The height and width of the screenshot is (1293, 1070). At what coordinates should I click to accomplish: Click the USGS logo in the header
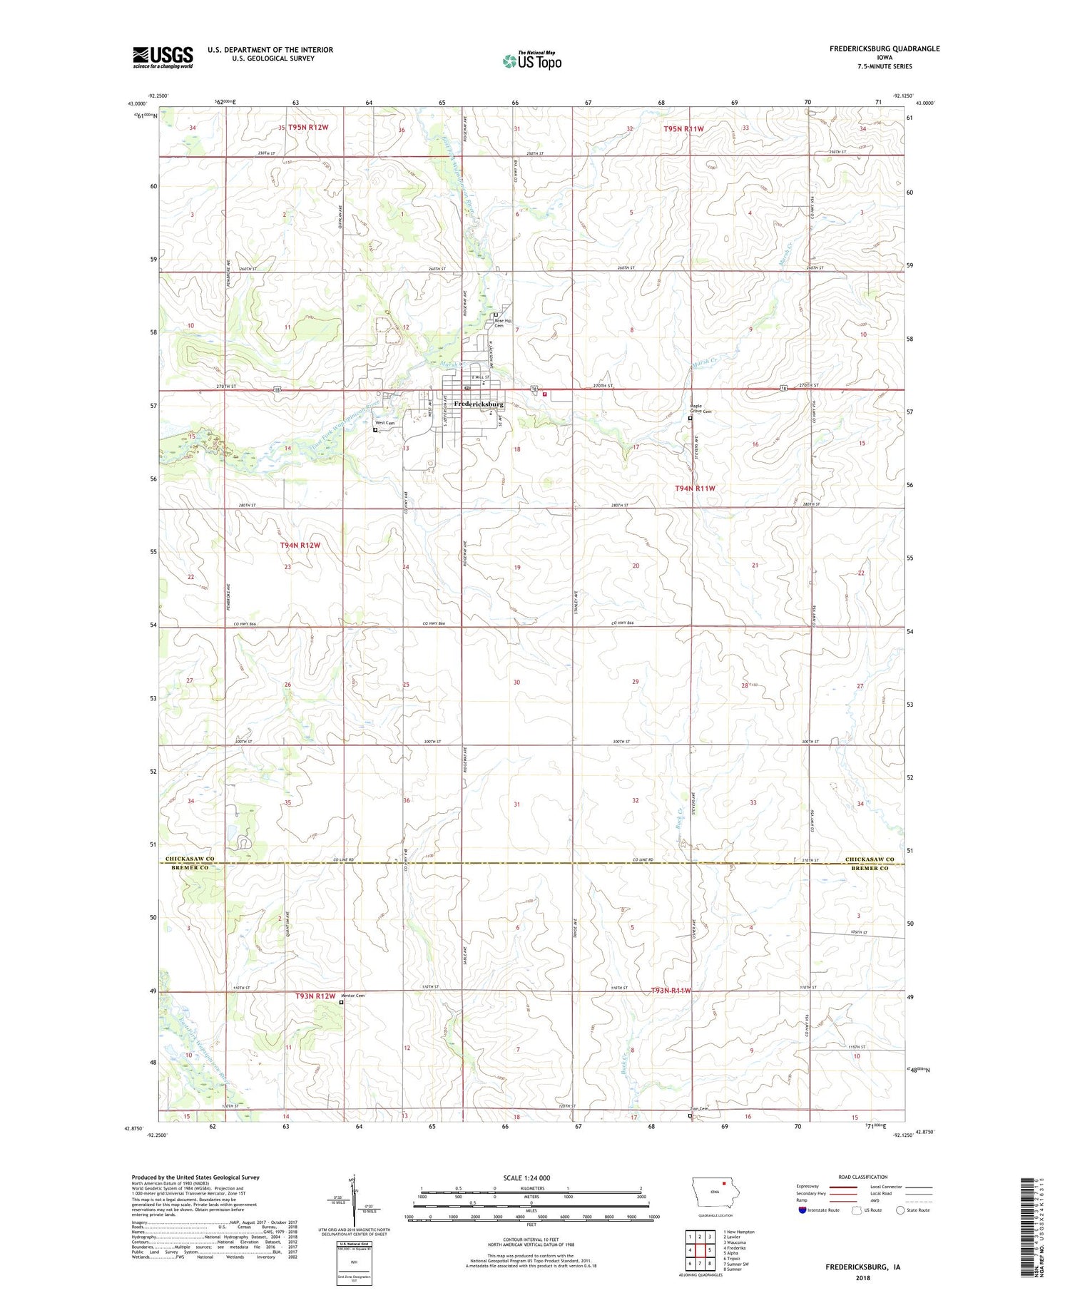tap(163, 57)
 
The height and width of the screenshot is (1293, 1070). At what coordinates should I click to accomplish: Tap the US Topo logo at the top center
tap(532, 61)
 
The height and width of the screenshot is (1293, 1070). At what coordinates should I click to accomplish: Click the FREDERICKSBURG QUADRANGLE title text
tap(884, 48)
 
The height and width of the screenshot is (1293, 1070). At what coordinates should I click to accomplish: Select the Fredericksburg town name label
tap(479, 404)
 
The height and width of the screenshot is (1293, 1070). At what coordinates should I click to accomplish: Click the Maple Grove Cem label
tap(700, 409)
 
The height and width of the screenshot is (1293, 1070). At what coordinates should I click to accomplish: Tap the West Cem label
tap(385, 423)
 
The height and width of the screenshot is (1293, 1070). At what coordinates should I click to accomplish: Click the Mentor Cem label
tap(353, 996)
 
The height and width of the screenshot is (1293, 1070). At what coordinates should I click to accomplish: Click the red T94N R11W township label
tap(695, 489)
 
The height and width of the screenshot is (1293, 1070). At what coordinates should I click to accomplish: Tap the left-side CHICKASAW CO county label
tap(190, 859)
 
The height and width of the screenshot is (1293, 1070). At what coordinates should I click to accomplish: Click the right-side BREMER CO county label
tap(869, 868)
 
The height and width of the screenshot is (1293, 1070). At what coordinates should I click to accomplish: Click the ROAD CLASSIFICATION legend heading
tap(863, 1177)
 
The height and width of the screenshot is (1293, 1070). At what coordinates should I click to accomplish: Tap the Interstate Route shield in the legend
tap(802, 1210)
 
